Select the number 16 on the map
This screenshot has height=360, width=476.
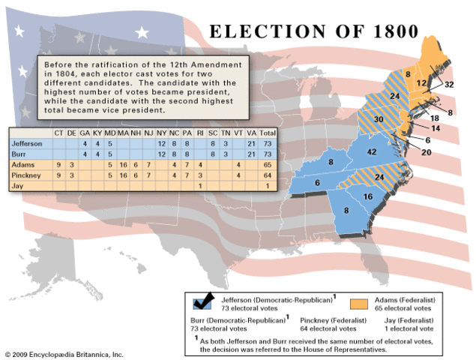coord(368,196)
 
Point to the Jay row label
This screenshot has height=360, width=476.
coord(18,184)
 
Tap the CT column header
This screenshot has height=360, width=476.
coord(58,133)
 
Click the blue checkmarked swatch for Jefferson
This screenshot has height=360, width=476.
coord(201,301)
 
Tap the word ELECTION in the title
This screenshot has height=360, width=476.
coord(272,32)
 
